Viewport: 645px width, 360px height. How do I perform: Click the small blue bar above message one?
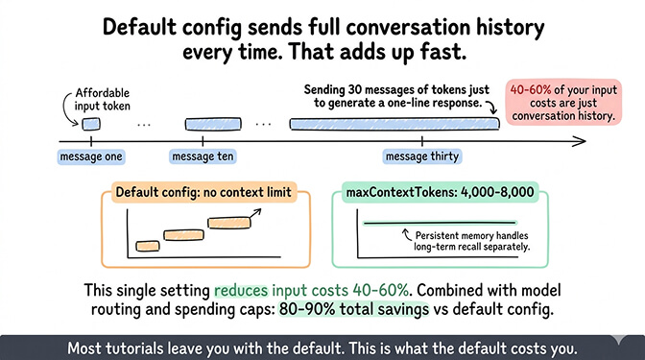[90, 124]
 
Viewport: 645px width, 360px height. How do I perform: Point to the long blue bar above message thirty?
[394, 124]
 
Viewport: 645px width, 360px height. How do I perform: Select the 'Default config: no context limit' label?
[203, 193]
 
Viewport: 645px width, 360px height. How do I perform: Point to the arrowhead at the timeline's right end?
[583, 141]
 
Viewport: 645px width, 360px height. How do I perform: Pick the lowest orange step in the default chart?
[147, 247]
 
